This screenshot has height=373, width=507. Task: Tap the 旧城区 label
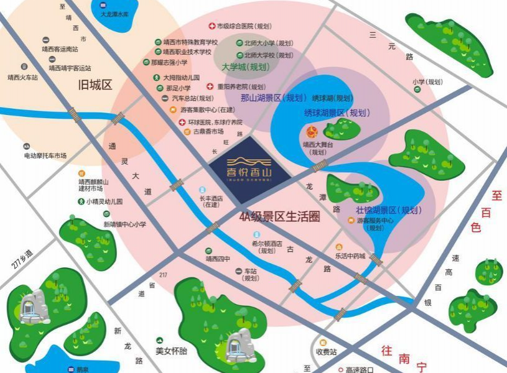coord(94,85)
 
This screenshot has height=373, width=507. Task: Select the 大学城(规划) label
coord(247,67)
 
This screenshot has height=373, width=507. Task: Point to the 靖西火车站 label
coord(23,78)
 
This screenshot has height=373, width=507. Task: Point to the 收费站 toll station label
coord(326,352)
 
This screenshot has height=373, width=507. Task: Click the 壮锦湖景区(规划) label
coord(388,210)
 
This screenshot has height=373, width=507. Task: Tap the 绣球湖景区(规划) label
coord(337,113)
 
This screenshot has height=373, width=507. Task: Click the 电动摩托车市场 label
coord(45,155)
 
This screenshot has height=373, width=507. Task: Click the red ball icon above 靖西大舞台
coord(312,131)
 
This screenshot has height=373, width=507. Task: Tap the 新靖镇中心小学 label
coord(124,224)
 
